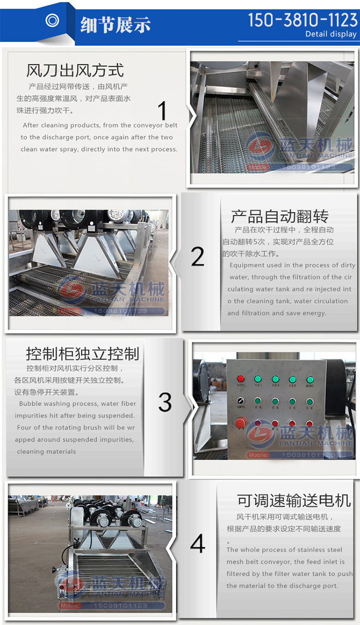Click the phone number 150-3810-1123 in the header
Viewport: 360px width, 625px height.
[x=302, y=20]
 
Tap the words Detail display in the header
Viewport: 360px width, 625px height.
[x=331, y=34]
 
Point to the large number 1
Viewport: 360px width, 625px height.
[x=163, y=112]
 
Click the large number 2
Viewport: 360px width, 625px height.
[x=197, y=256]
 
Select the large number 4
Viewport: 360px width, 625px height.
[x=197, y=544]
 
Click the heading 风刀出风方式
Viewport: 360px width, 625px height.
[x=75, y=70]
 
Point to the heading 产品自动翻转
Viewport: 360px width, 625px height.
[x=279, y=216]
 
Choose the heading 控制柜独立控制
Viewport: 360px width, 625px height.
[x=82, y=354]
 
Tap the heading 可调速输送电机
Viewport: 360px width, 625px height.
[x=294, y=500]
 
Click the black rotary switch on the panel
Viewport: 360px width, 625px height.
[x=240, y=401]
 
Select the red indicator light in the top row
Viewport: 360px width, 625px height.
[x=240, y=379]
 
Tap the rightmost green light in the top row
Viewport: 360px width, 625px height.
[x=310, y=379]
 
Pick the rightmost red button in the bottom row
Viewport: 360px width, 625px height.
[x=310, y=423]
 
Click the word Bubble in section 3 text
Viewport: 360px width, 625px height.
[x=31, y=404]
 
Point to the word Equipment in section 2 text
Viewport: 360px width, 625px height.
[x=247, y=265]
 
